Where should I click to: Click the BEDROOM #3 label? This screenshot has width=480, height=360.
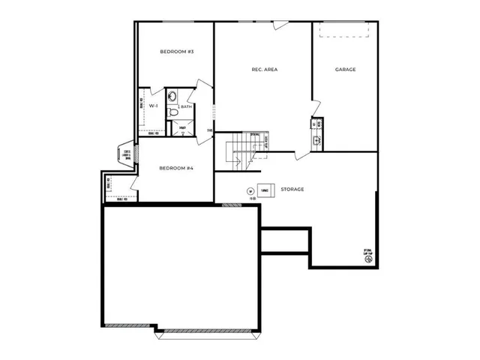tap(177, 52)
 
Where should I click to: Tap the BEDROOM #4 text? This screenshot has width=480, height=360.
tap(177, 168)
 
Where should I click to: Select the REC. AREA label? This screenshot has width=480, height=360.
tap(265, 70)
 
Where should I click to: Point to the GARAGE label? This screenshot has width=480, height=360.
tap(345, 70)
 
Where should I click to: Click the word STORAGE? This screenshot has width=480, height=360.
tap(292, 190)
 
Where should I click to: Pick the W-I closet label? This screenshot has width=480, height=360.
tap(153, 106)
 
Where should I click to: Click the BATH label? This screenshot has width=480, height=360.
tap(185, 106)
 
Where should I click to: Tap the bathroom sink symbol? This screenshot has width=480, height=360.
tap(172, 96)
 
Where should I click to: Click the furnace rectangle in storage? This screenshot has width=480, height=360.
tap(265, 190)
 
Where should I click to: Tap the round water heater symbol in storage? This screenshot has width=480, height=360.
tap(250, 190)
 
